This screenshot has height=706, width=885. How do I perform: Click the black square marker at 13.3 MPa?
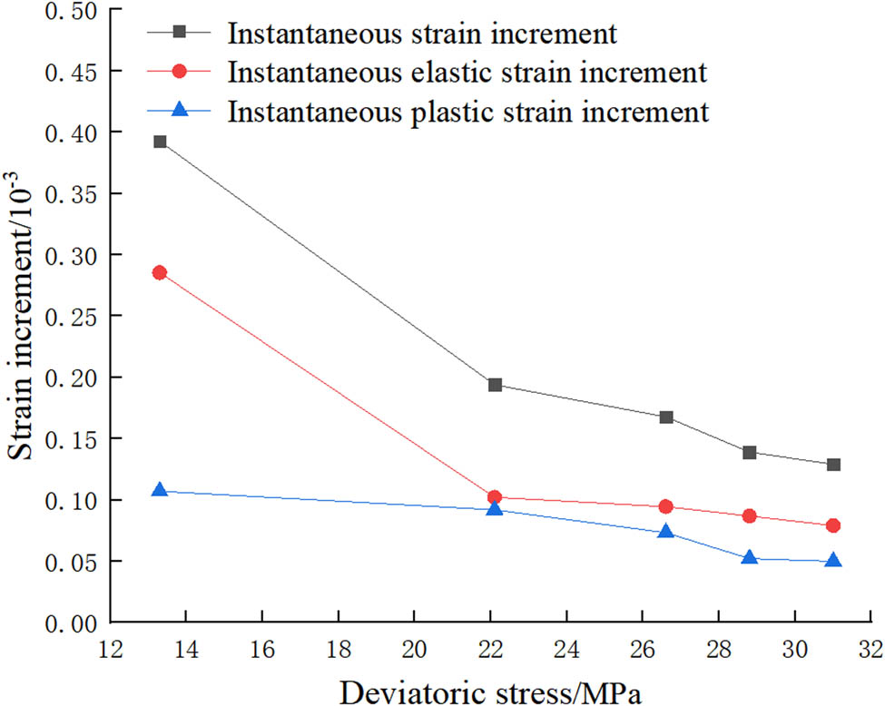[160, 142]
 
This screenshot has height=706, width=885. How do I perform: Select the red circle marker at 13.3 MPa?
[160, 272]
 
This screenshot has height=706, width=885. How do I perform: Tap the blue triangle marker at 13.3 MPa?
[160, 490]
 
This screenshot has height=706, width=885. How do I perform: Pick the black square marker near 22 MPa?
[495, 385]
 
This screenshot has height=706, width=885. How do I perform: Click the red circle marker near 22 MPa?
[495, 497]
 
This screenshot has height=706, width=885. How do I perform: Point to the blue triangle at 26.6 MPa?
[666, 532]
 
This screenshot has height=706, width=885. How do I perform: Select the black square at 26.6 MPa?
[666, 417]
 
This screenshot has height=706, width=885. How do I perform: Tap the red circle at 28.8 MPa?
[750, 515]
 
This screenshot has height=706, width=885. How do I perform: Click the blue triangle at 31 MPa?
[833, 560]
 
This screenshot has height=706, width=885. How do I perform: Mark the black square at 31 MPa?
[833, 465]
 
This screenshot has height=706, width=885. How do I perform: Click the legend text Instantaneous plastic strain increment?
[467, 112]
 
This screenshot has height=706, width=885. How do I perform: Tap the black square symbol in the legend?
[180, 32]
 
